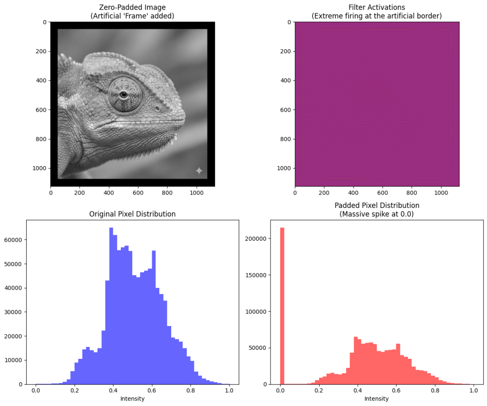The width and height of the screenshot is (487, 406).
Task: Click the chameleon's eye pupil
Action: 124,94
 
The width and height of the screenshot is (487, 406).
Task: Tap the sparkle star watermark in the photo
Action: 199,170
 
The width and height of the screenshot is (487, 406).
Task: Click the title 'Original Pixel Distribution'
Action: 132,214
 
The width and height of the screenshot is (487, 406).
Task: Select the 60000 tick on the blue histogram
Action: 15,240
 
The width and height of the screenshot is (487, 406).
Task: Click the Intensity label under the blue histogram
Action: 132,398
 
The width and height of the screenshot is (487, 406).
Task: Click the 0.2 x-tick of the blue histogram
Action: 75,391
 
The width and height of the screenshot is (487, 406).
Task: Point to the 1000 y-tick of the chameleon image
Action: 39,168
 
